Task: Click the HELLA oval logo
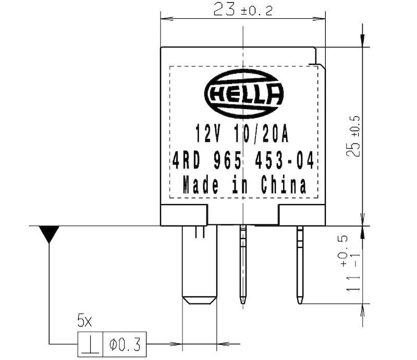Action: click(x=244, y=95)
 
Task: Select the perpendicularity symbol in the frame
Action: click(x=91, y=344)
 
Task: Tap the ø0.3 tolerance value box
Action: click(x=125, y=344)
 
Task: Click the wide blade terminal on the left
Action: click(x=199, y=266)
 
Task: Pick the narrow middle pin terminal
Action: click(x=243, y=263)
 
